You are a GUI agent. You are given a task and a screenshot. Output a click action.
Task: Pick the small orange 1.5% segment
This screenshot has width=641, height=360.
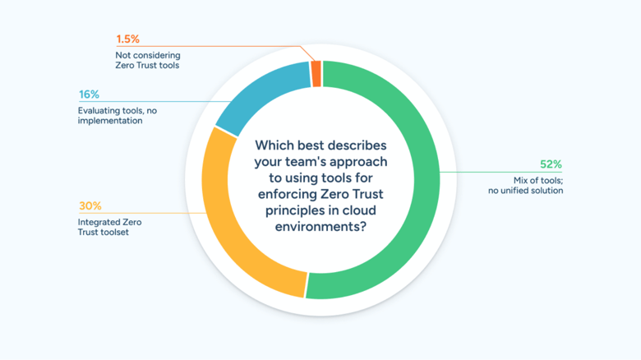pos(316,74)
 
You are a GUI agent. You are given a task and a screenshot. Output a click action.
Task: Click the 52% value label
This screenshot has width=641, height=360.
pos(550,164)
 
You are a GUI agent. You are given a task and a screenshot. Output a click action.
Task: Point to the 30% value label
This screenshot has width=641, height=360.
pos(90,206)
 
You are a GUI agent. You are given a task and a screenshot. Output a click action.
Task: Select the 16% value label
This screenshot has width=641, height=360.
pos(90,95)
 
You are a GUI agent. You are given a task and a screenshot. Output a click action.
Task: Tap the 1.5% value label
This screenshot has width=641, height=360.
pos(127,39)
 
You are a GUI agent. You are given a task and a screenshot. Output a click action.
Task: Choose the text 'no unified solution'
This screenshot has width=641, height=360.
pos(526,191)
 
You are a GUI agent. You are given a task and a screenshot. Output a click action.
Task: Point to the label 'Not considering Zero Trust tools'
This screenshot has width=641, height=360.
pos(147,60)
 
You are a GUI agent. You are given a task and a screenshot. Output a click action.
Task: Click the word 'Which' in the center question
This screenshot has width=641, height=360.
pos(274,145)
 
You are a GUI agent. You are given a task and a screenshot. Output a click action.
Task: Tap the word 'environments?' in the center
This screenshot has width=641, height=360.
pos(320,228)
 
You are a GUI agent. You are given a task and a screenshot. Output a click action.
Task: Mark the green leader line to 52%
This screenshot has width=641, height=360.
pos(493,173)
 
